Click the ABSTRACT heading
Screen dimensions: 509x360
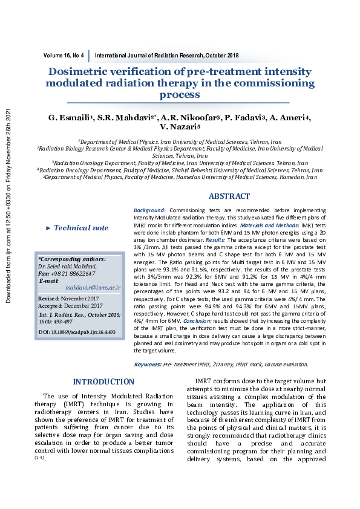229,196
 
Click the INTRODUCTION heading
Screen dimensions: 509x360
103,381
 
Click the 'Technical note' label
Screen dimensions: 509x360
81,228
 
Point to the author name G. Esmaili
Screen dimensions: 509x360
71,116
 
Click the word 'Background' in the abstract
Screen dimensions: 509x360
149,209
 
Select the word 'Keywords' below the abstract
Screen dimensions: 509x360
147,365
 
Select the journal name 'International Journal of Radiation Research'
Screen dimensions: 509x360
149,56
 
